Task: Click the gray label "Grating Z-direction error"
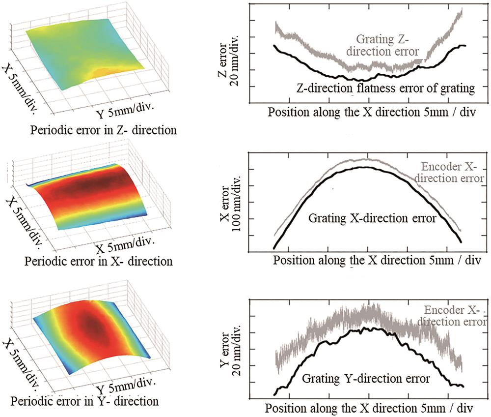(387, 44)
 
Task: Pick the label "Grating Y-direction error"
(366, 379)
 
